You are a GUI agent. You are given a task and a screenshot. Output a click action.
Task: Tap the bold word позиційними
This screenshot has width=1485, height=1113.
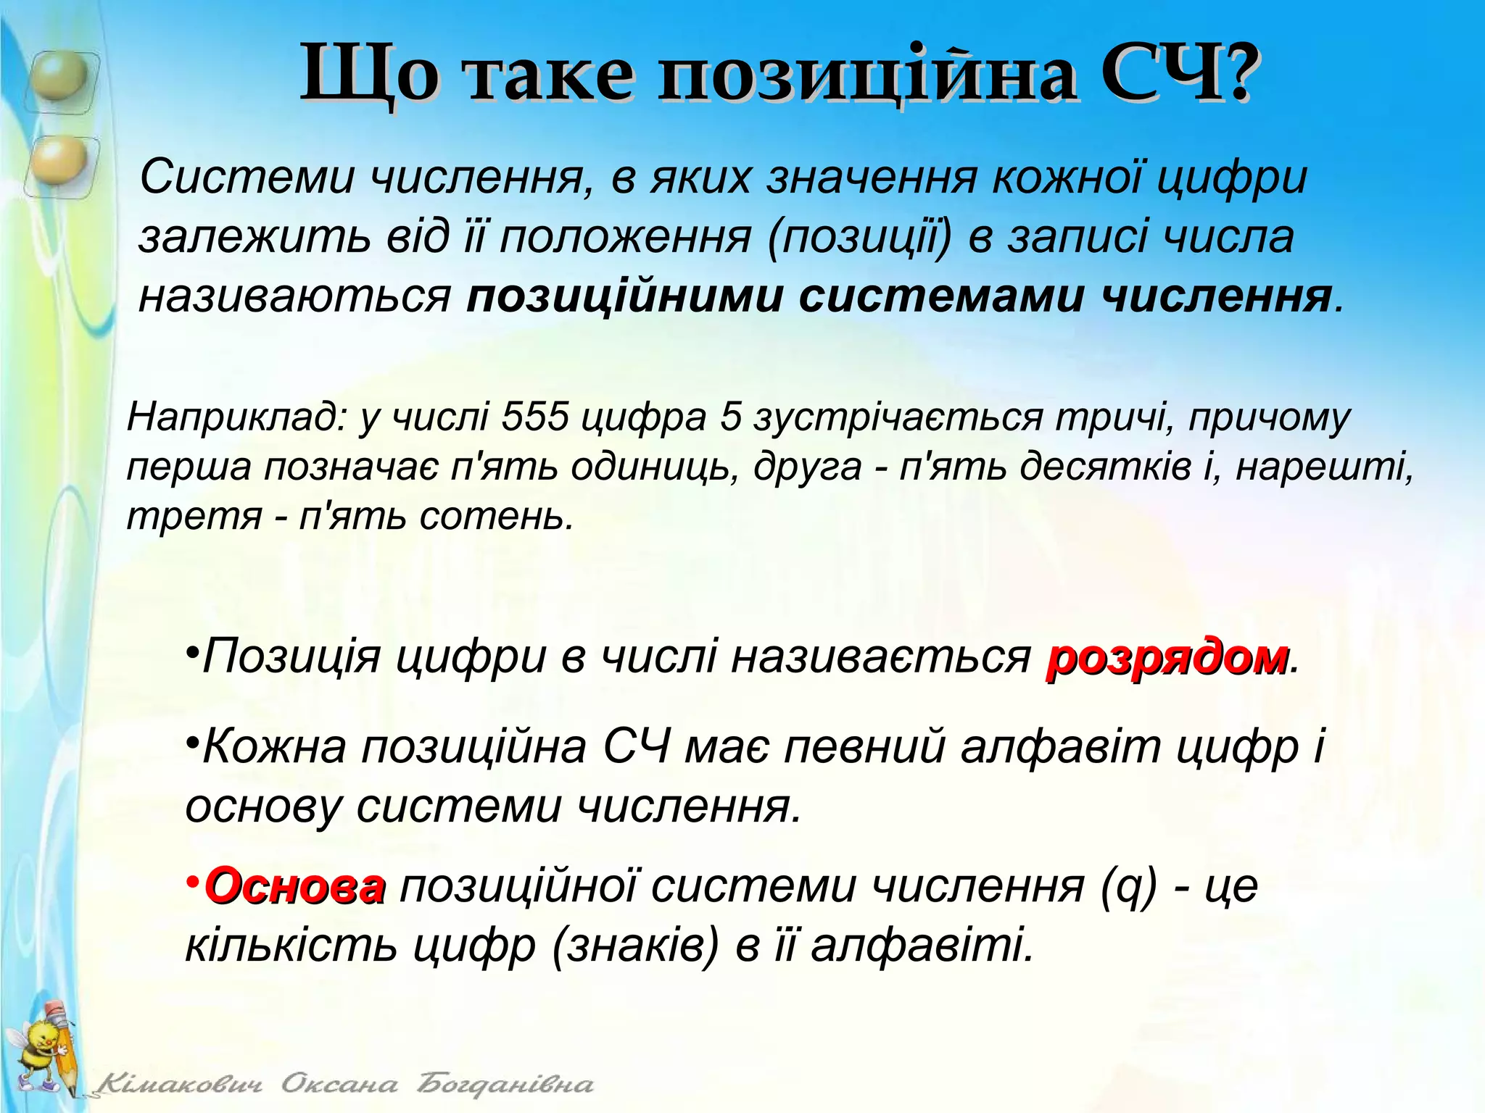coord(624,297)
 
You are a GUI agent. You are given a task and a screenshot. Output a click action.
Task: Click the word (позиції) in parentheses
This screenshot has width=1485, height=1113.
coord(859,238)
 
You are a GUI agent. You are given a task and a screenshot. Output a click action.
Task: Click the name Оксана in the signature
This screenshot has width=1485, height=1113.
coord(339,1085)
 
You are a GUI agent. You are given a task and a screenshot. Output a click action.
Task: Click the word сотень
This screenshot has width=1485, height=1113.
coord(496,517)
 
